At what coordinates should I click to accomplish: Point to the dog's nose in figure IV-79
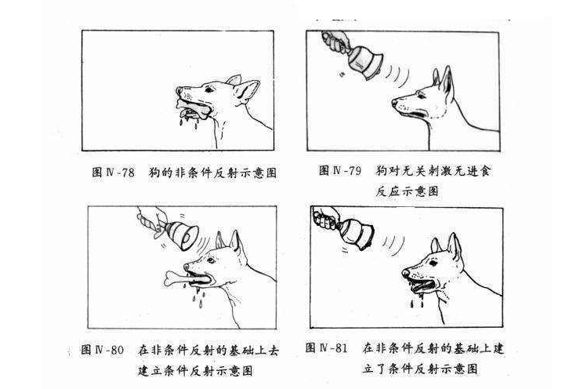point(395,102)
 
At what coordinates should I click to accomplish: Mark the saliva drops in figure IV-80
point(190,296)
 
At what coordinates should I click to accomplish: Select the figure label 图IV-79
point(339,170)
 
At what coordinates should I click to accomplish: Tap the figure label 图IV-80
point(102,349)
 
